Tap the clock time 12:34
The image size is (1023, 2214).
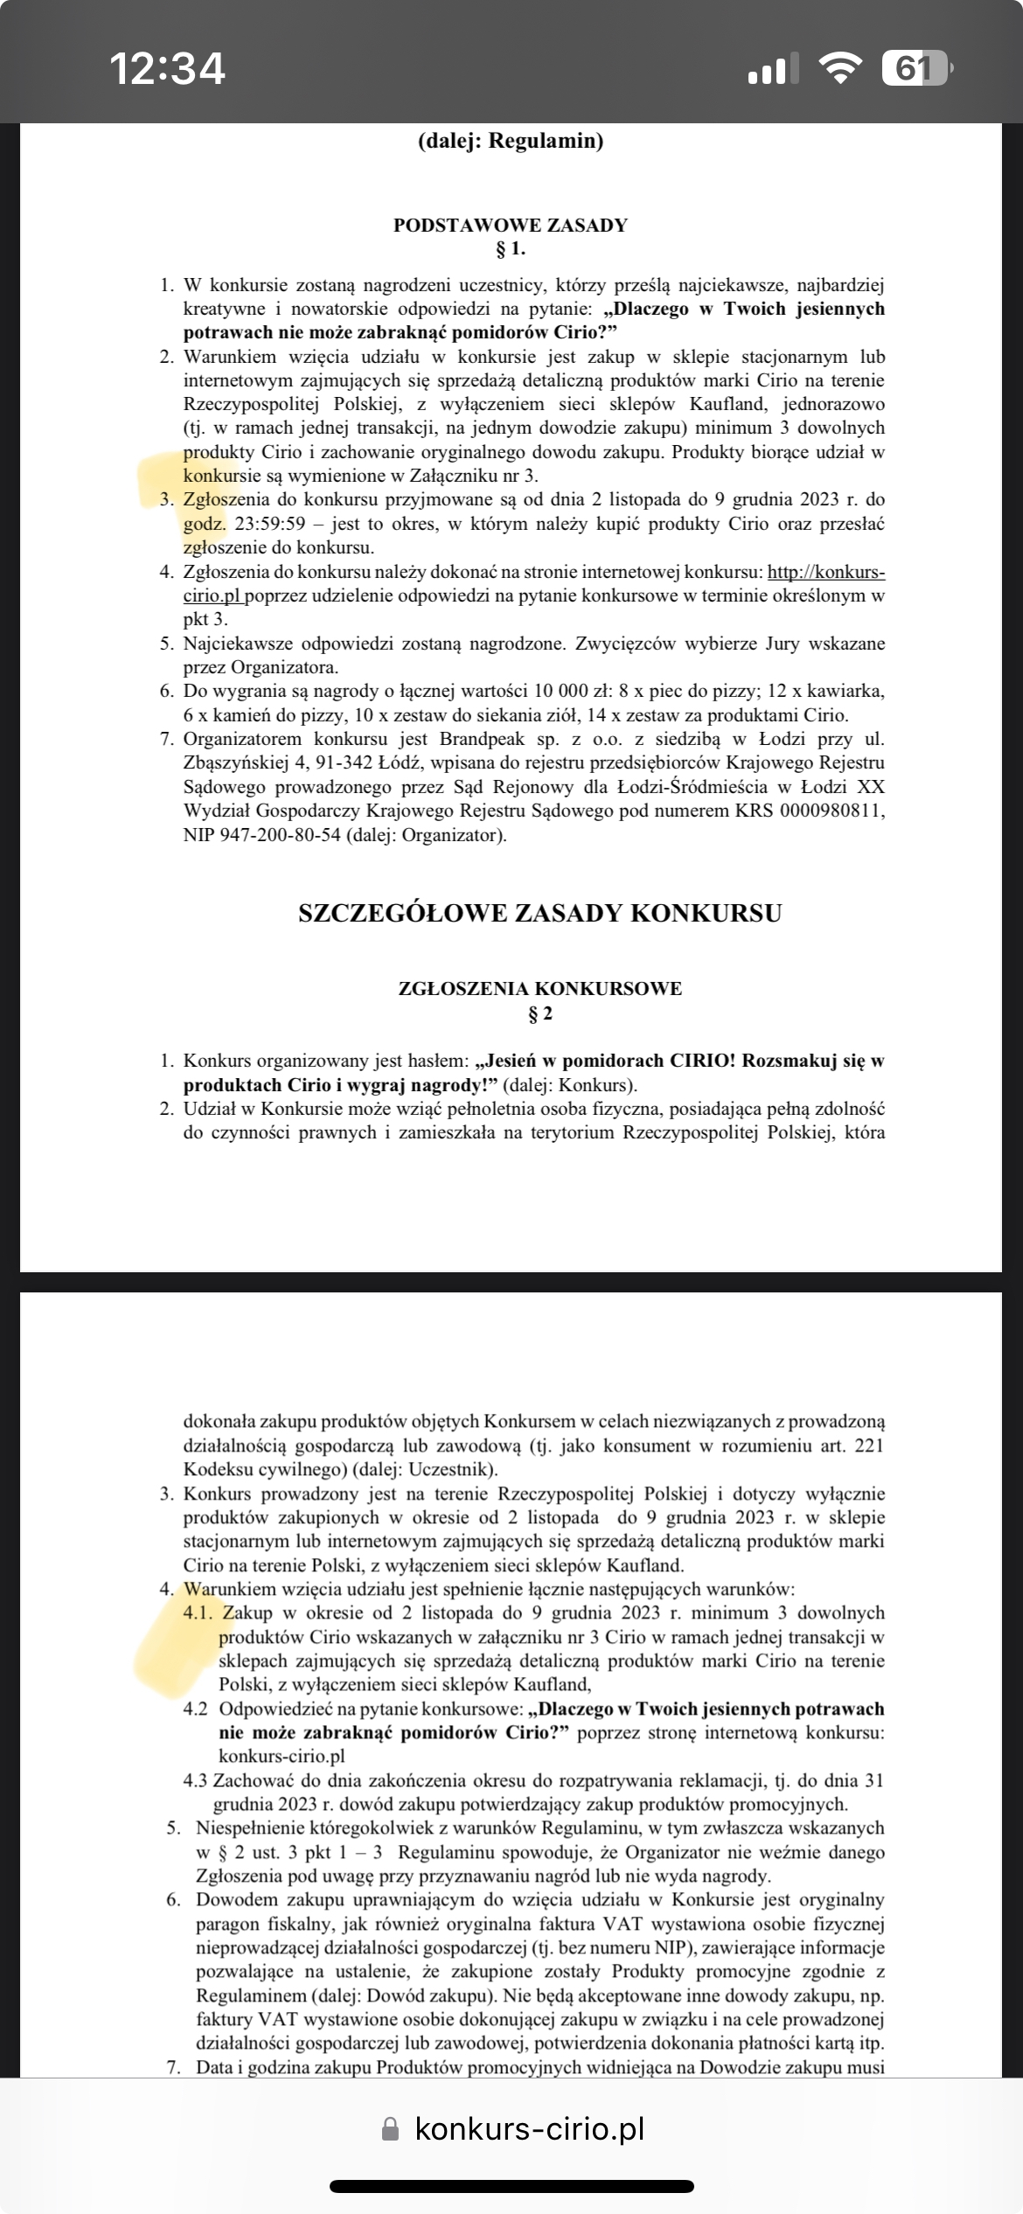click(167, 68)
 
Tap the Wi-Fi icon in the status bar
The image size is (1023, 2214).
click(839, 68)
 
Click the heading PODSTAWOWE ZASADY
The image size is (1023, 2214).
click(511, 225)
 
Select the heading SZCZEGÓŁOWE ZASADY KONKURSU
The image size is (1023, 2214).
click(539, 913)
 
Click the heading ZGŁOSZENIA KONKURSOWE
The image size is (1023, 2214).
click(539, 989)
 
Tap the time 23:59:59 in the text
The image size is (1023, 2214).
click(273, 524)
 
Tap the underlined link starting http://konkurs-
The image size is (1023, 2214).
click(825, 572)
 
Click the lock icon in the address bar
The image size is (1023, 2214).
click(391, 2129)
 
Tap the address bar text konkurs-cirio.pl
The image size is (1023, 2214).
click(529, 2128)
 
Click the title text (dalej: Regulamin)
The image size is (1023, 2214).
click(511, 141)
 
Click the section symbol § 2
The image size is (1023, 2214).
click(539, 1014)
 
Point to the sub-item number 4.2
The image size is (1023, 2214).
click(195, 1709)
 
